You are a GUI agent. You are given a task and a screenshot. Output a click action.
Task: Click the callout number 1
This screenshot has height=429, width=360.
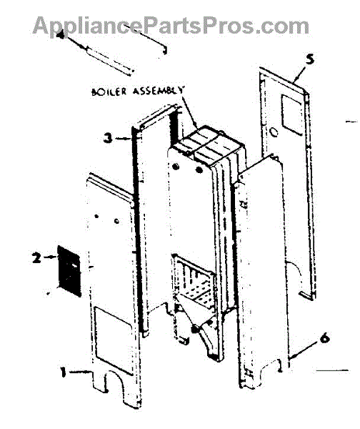point(64,373)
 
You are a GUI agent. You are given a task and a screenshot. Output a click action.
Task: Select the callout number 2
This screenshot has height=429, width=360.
point(36,257)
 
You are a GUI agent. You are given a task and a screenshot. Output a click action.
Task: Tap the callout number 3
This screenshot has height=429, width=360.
point(108,138)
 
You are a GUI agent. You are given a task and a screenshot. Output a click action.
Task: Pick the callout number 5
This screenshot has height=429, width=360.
point(310,59)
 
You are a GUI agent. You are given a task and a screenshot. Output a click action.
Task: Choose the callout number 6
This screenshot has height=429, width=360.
point(325,338)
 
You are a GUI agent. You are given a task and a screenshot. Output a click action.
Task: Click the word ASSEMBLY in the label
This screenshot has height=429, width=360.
point(159,90)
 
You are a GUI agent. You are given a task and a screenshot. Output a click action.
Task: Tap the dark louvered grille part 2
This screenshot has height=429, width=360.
point(69,271)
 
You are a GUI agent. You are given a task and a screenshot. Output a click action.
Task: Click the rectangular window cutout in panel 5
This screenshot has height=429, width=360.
point(292,115)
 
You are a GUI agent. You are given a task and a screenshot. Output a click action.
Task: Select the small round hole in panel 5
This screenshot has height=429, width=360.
point(274,133)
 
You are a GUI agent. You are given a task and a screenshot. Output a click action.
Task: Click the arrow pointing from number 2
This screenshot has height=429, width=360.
point(49,257)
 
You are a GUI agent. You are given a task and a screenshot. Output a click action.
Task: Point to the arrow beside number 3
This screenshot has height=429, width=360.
point(122,139)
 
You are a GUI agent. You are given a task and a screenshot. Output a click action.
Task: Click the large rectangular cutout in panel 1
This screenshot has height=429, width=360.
point(113,341)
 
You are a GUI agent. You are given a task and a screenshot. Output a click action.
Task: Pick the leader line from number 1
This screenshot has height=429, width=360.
point(79,371)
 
